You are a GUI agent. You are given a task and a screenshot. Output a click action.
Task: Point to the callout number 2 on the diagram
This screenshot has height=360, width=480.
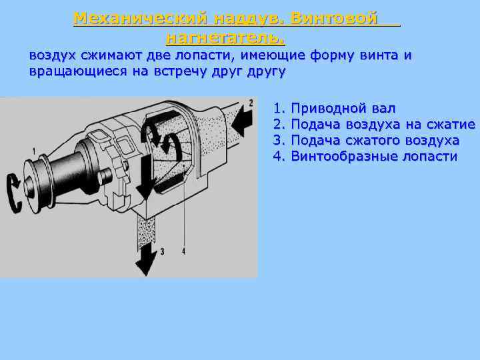click(x=251, y=103)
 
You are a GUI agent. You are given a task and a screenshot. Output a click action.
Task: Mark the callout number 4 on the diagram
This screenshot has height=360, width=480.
click(x=183, y=251)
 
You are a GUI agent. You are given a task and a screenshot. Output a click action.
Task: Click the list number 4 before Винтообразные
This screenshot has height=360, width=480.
click(x=279, y=157)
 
